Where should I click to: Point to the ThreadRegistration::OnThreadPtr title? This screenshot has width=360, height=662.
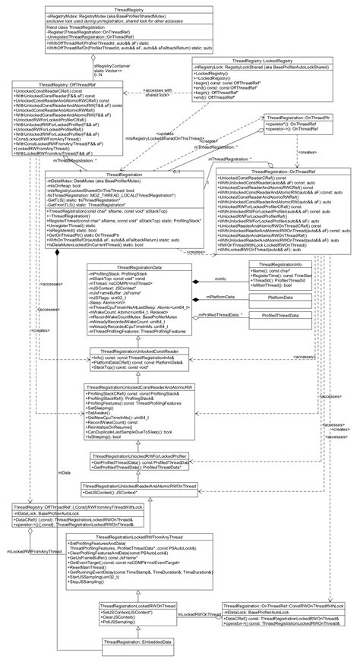point(289,118)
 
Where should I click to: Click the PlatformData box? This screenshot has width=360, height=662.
point(281,298)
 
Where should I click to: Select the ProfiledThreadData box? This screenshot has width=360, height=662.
point(280,314)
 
